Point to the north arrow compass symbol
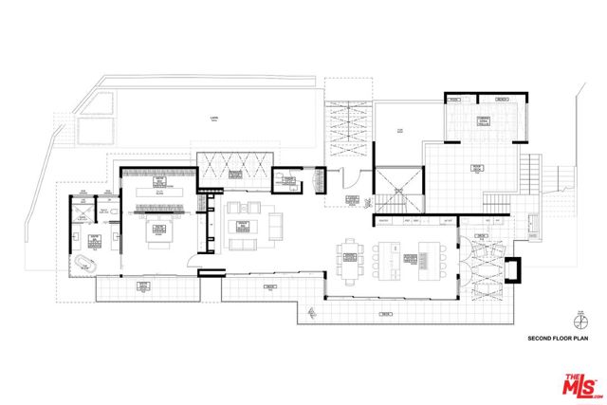578,320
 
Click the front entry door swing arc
348,180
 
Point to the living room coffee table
242,225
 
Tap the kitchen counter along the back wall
414,221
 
